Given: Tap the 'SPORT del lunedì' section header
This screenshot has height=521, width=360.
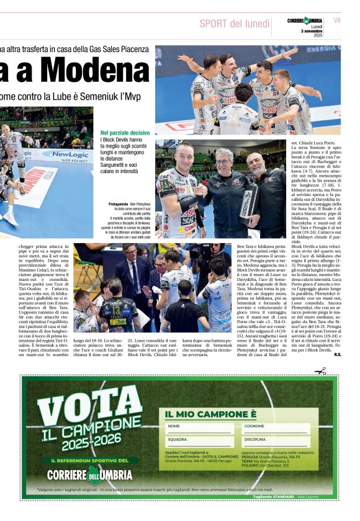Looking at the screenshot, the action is pyautogui.click(x=235, y=24).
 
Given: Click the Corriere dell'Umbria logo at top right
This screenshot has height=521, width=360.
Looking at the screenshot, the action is pyautogui.click(x=305, y=21).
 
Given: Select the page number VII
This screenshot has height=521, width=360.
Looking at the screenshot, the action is pyautogui.click(x=337, y=20).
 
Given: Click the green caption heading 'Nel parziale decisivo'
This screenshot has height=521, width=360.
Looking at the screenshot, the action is pyautogui.click(x=125, y=133).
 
